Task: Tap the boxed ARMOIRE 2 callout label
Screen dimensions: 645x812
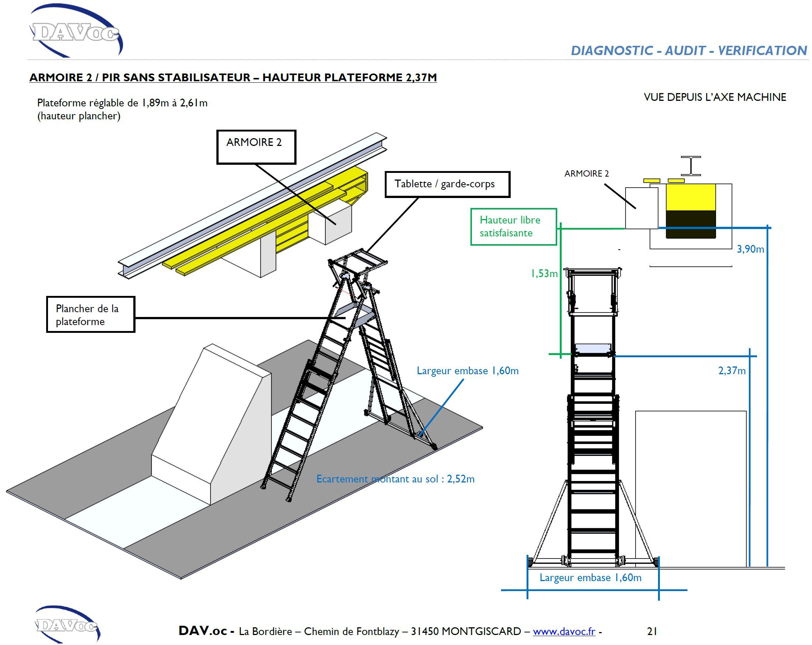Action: (x=256, y=147)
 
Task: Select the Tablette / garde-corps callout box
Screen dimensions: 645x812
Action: (x=447, y=184)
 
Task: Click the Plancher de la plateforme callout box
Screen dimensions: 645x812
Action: (x=90, y=315)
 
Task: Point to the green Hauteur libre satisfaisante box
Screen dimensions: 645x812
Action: (x=513, y=226)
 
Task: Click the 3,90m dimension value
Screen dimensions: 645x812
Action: (x=750, y=249)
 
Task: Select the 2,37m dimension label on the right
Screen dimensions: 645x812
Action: (x=732, y=371)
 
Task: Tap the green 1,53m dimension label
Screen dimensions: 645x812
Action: (x=544, y=273)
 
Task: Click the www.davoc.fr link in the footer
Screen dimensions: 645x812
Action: (x=564, y=631)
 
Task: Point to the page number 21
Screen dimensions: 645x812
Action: (x=652, y=631)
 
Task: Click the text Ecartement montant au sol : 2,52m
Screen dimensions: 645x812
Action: (x=395, y=479)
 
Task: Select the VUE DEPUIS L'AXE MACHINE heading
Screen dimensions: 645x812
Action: (x=715, y=97)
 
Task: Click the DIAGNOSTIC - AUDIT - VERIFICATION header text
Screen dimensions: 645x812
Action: (x=688, y=51)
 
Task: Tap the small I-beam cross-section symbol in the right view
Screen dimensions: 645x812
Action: (x=691, y=166)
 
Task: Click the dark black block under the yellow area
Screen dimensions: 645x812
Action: (x=691, y=224)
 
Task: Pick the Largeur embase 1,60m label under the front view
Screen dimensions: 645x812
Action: (x=590, y=577)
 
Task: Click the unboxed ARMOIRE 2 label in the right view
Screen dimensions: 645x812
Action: (x=586, y=174)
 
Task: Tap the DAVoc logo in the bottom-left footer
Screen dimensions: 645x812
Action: (x=67, y=625)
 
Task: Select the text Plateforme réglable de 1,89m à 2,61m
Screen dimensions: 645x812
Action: (x=122, y=103)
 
